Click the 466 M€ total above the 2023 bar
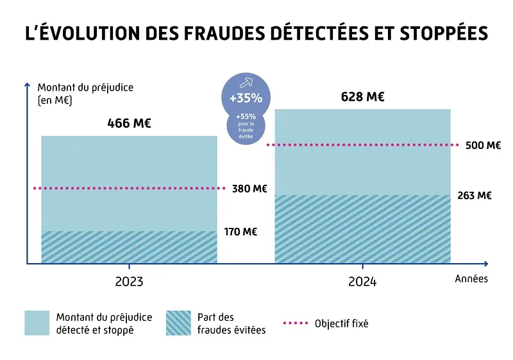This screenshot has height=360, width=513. (129, 124)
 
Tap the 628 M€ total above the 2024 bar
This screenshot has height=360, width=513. (362, 98)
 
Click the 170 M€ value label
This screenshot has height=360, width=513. (240, 232)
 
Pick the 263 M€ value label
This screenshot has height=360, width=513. (475, 196)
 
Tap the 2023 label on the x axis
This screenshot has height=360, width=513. (129, 282)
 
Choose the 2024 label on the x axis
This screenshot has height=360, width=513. (362, 282)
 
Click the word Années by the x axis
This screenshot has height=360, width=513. (471, 279)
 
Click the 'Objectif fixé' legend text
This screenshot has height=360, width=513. (341, 323)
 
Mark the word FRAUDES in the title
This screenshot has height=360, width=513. (197, 34)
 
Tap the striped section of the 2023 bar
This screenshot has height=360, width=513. (129, 247)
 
